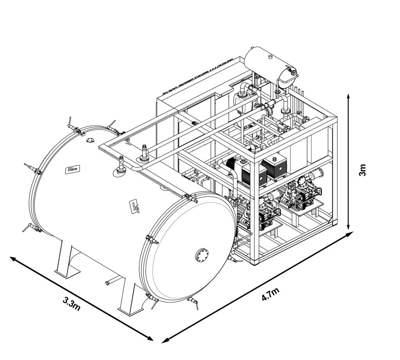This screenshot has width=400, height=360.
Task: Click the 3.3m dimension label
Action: (x=72, y=304)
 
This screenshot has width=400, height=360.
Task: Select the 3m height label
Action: (x=363, y=170)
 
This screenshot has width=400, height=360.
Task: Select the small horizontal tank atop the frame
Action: (x=270, y=62)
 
